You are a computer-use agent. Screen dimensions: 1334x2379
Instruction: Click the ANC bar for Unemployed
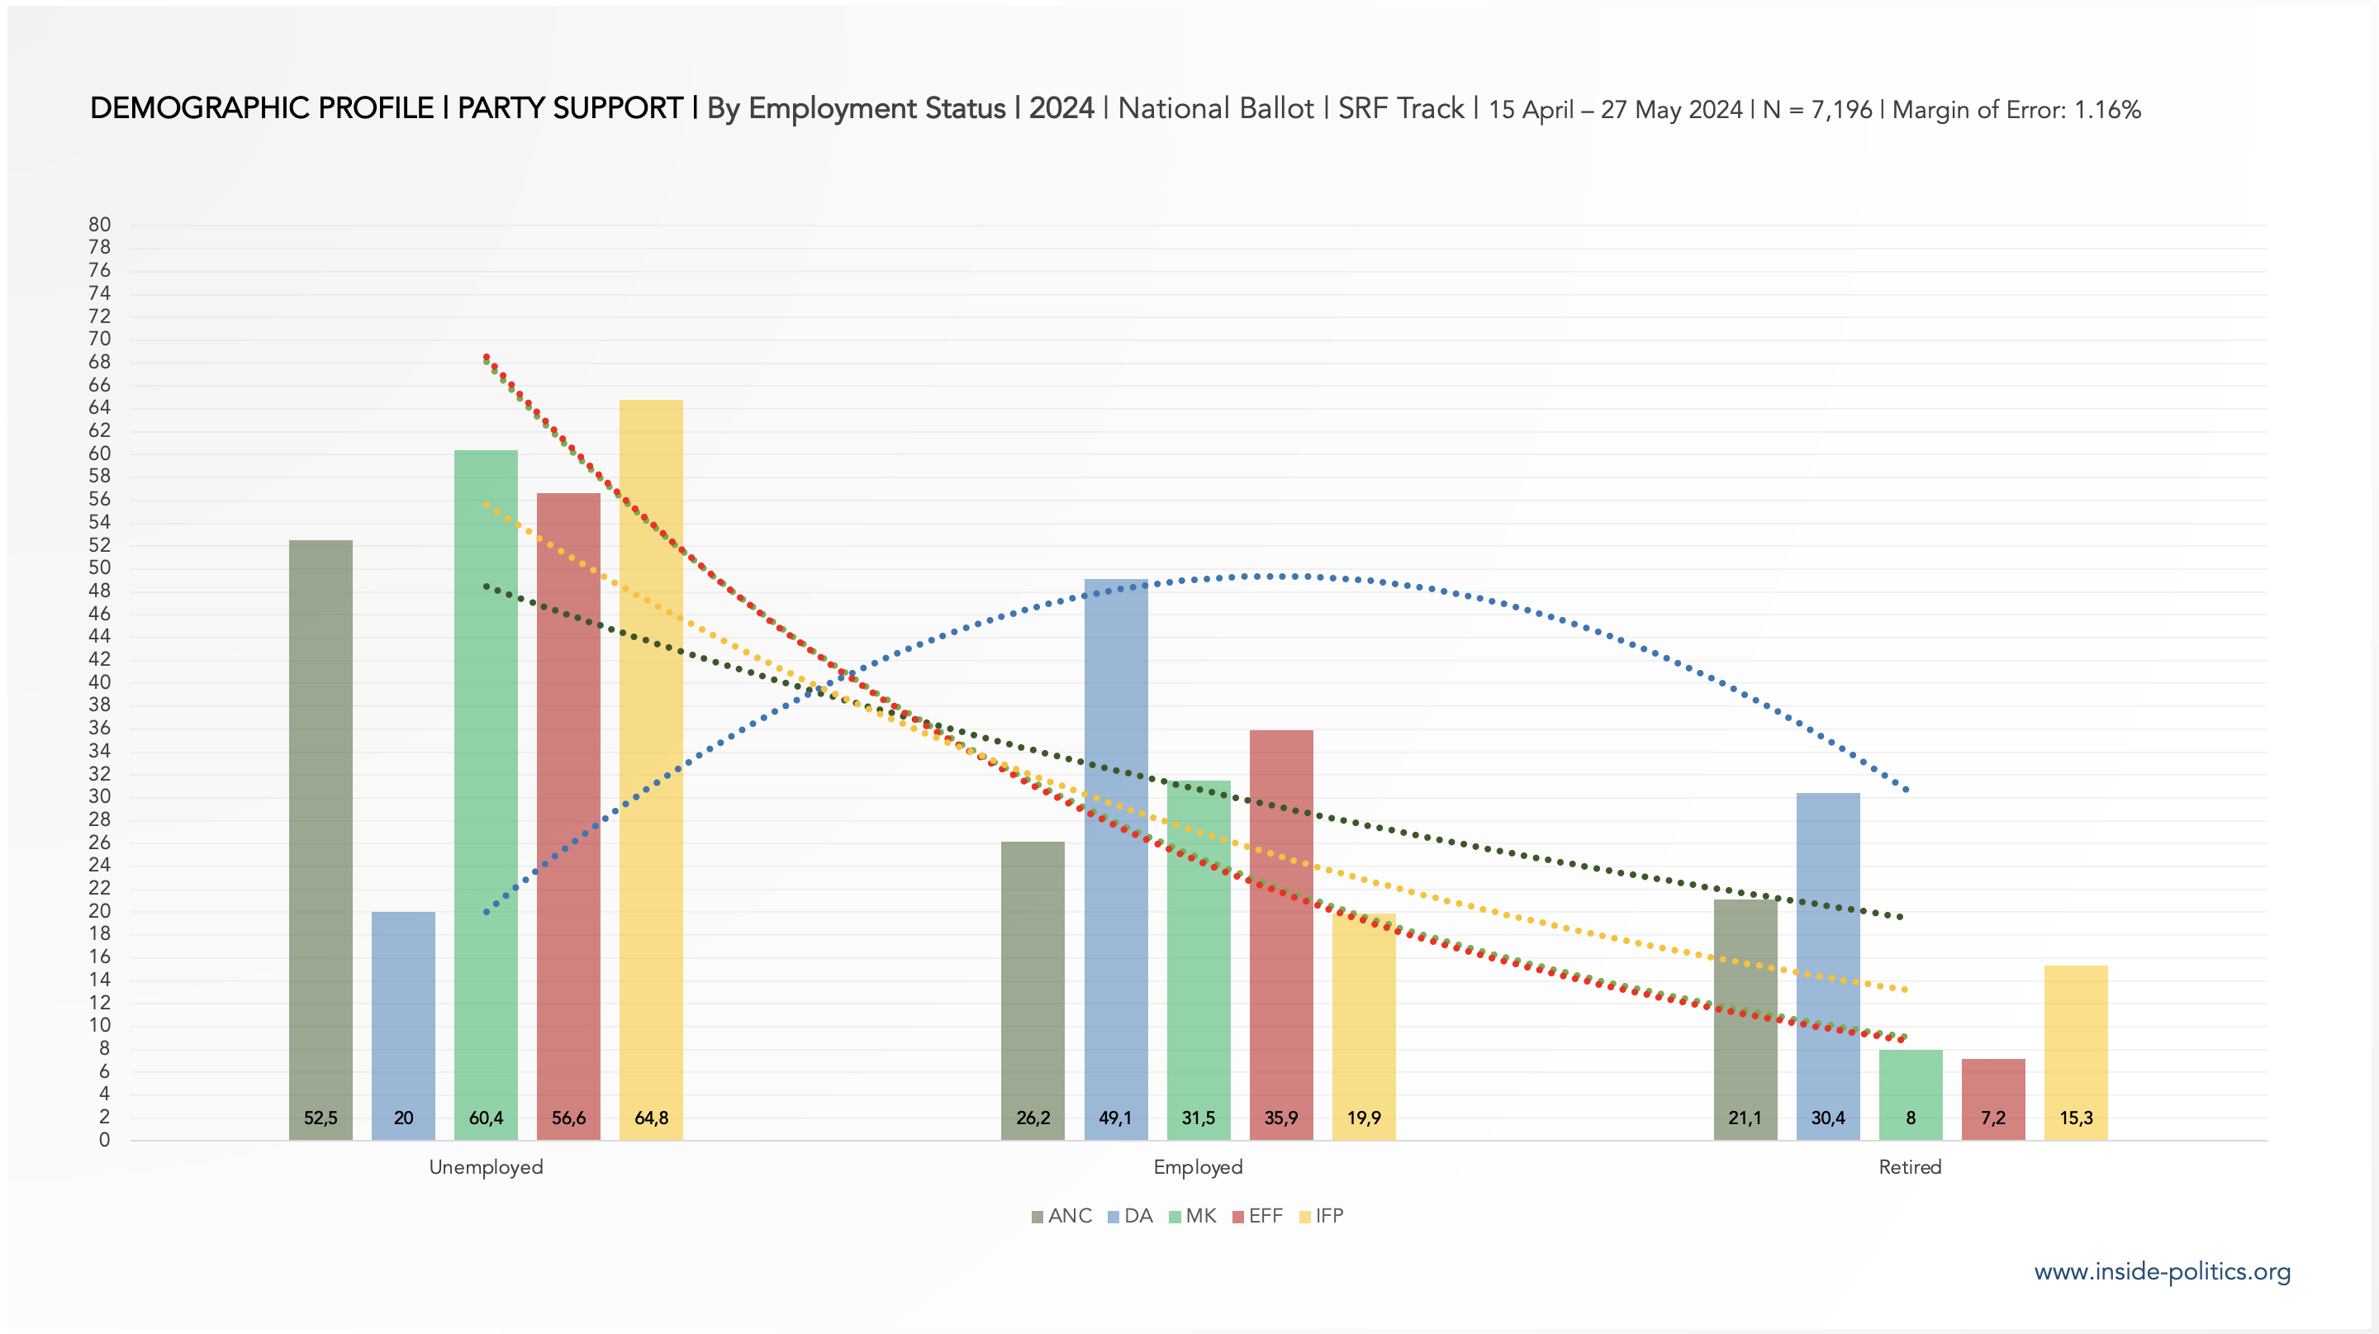click(x=321, y=831)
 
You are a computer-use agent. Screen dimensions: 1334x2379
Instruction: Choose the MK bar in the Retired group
click(x=1911, y=1080)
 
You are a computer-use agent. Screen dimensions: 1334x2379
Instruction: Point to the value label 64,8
click(x=651, y=1118)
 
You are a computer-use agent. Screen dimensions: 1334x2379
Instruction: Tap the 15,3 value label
click(x=2076, y=1118)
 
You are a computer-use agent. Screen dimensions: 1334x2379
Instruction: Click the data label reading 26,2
click(x=1033, y=1118)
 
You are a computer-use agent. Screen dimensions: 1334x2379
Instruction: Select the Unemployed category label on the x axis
click(x=486, y=1167)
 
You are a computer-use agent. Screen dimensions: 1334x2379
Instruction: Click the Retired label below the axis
click(x=1910, y=1167)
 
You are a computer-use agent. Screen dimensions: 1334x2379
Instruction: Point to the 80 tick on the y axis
click(x=100, y=225)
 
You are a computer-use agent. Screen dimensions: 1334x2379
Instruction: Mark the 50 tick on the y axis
click(x=100, y=567)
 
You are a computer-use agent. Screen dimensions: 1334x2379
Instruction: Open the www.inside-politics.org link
click(x=2162, y=1271)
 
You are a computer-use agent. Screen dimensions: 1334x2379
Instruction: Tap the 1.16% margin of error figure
click(x=2107, y=110)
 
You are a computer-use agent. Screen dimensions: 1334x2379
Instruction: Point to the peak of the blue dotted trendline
click(x=1284, y=576)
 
